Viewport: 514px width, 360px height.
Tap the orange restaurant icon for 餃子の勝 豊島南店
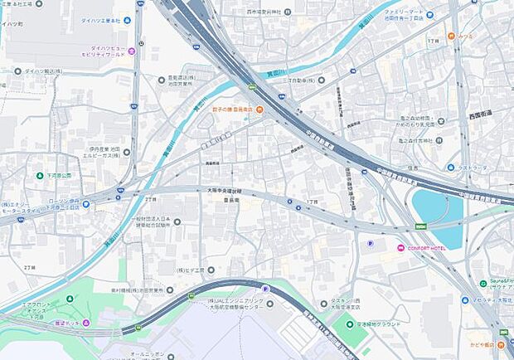pyautogui.click(x=259, y=110)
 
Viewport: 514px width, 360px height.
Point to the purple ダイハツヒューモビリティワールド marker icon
pyautogui.click(x=131, y=51)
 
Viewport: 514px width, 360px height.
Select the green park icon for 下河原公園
pyautogui.click(x=39, y=176)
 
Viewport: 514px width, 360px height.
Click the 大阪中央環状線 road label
pyautogui.click(x=221, y=188)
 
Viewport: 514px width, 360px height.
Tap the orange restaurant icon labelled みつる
pyautogui.click(x=451, y=36)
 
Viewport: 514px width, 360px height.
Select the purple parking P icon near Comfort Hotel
pyautogui.click(x=370, y=243)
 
